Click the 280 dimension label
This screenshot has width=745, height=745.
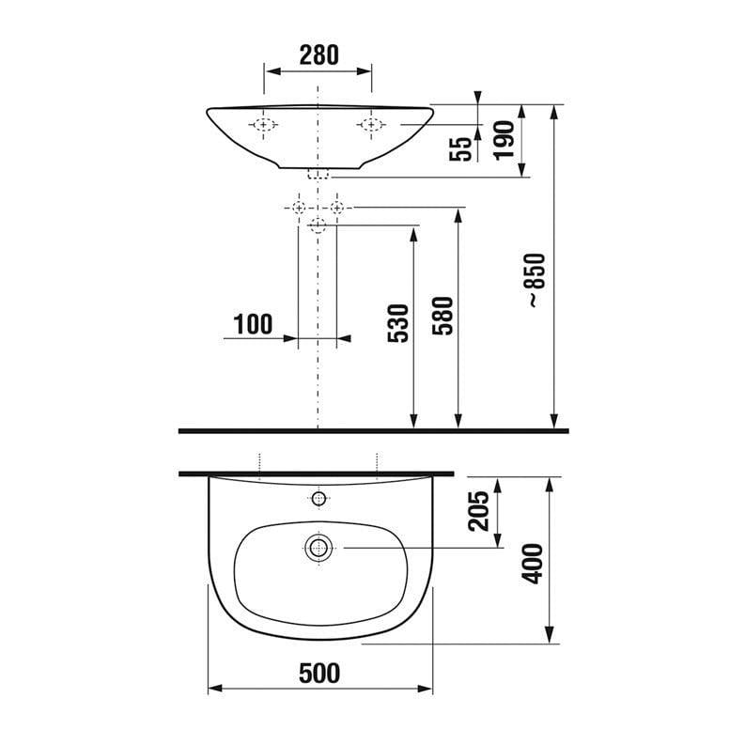click(x=318, y=55)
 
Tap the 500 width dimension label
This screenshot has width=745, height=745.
click(x=319, y=674)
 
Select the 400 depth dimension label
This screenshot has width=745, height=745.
click(x=532, y=564)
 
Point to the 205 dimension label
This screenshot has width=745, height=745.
click(x=478, y=511)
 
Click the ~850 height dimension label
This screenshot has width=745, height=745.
click(x=537, y=280)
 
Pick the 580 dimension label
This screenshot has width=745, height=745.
click(x=442, y=316)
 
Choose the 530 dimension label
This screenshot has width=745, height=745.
click(x=398, y=323)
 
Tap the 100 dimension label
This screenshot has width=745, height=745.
click(x=253, y=324)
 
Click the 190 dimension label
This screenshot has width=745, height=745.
click(x=504, y=140)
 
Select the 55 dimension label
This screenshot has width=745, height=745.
click(x=460, y=148)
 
